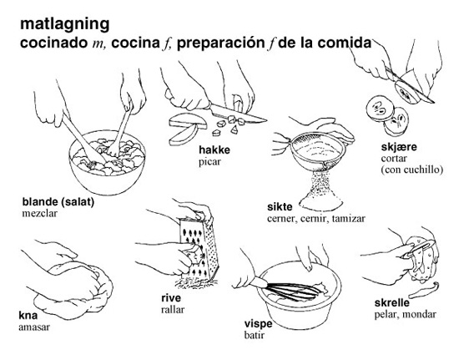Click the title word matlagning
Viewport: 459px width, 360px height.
65,24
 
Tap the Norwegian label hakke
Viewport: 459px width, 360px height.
214,150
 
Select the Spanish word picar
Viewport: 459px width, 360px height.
209,162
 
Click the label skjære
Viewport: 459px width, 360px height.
399,147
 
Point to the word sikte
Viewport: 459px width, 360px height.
280,207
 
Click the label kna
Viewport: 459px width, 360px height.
28,316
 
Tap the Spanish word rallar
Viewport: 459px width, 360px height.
173,310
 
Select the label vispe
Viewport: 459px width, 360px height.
258,324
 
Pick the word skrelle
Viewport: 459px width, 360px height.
392,302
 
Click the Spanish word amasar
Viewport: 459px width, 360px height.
34,327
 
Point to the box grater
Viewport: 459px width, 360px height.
199,249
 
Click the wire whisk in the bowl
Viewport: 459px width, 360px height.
290,290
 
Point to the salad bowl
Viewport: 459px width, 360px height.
107,164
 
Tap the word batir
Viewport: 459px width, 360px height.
254,335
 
